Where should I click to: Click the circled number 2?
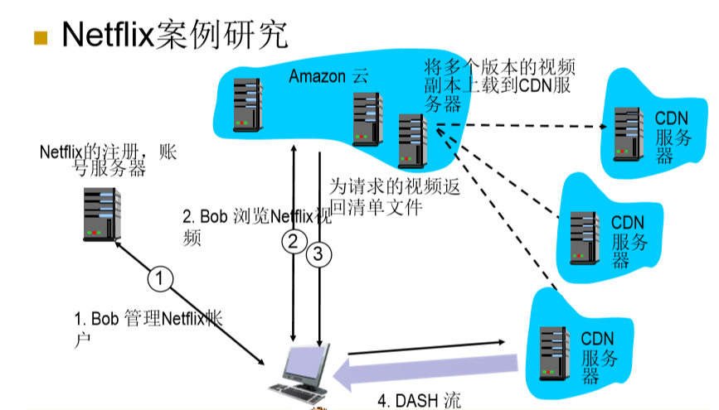click(x=292, y=242)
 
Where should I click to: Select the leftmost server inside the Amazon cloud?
click(x=246, y=103)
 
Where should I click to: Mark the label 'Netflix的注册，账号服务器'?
click(x=108, y=160)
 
